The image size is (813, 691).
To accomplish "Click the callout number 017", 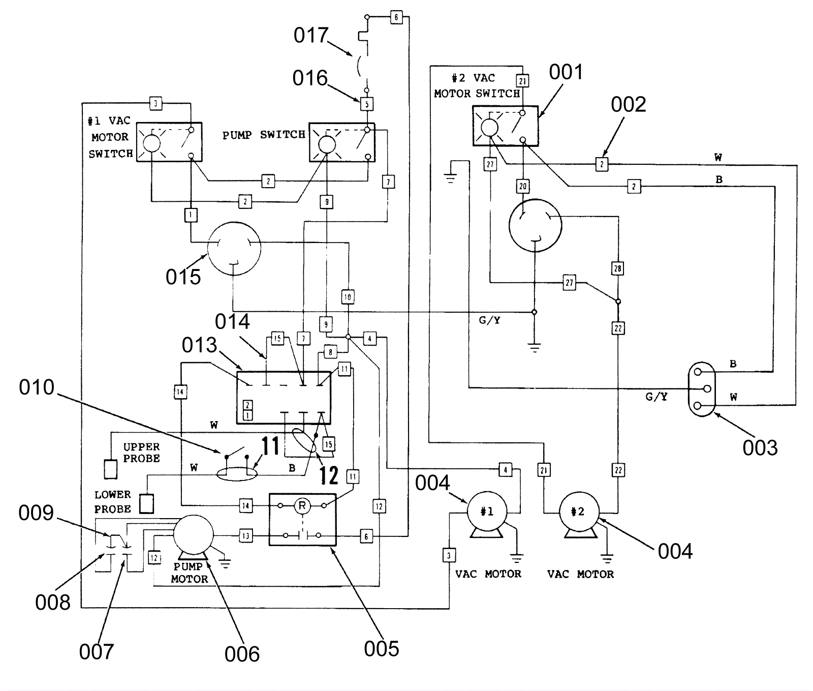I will pyautogui.click(x=311, y=36).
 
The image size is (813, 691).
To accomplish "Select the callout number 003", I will pyautogui.click(x=760, y=448).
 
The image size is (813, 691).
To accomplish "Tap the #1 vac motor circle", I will pyautogui.click(x=487, y=511).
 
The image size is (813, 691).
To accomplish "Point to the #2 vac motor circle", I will pyautogui.click(x=579, y=512).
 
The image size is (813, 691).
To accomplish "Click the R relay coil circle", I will pyautogui.click(x=302, y=505).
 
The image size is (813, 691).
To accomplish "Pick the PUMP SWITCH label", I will pyautogui.click(x=264, y=135).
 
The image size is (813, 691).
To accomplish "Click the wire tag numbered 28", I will pyautogui.click(x=617, y=268).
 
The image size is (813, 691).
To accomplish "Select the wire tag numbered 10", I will pyautogui.click(x=348, y=297).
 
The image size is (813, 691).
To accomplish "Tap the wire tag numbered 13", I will pyautogui.click(x=245, y=535).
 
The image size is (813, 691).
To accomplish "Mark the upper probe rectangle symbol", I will pyautogui.click(x=110, y=469).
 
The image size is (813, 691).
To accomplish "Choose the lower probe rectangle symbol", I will pyautogui.click(x=146, y=503).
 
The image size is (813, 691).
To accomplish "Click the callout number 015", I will pyautogui.click(x=183, y=277).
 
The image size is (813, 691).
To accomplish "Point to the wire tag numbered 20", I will pyautogui.click(x=523, y=186).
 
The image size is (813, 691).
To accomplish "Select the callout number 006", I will pyautogui.click(x=242, y=654).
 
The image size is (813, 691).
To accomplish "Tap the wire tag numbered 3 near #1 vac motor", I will pyautogui.click(x=449, y=555).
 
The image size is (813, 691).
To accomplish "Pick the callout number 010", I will pyautogui.click(x=37, y=387).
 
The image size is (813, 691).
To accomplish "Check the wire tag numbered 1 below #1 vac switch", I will pyautogui.click(x=191, y=215).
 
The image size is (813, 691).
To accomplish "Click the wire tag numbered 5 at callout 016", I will pyautogui.click(x=367, y=104).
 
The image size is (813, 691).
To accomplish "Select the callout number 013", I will pyautogui.click(x=199, y=345).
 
